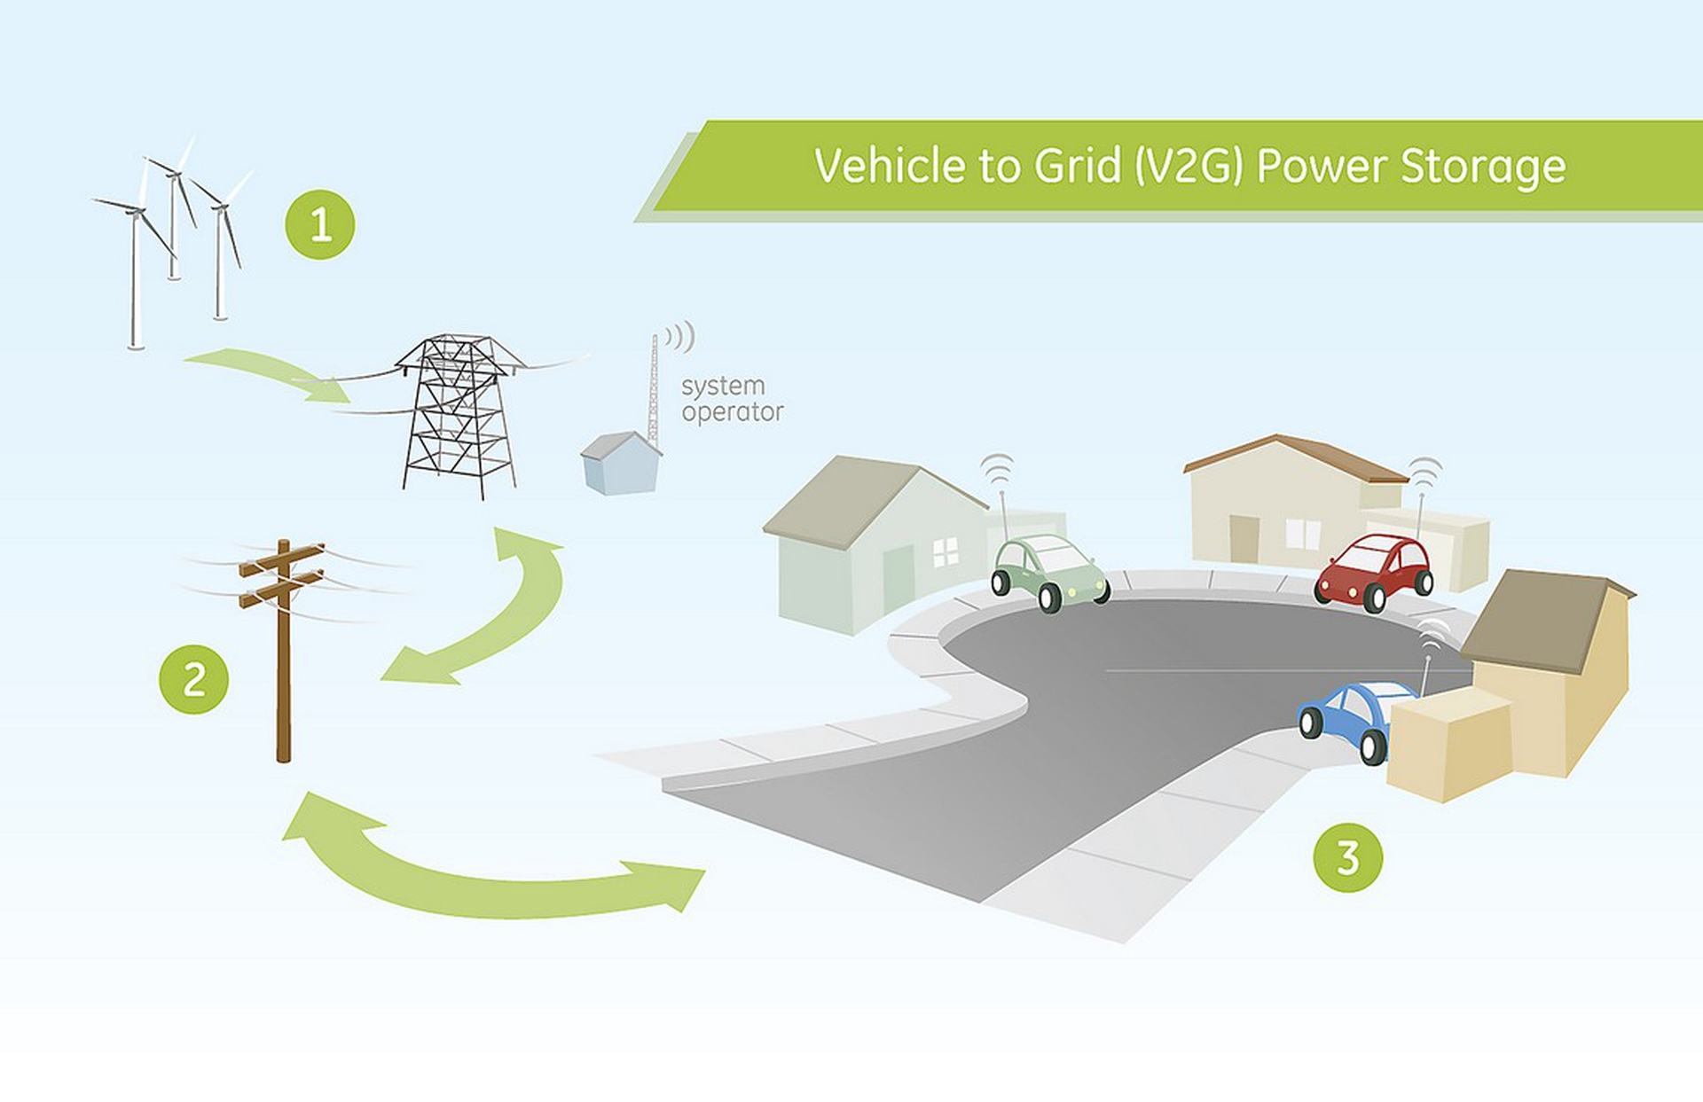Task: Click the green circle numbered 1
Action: tap(319, 224)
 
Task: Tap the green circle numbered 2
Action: tap(193, 680)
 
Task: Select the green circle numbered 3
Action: tap(1347, 857)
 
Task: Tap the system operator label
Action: tap(732, 399)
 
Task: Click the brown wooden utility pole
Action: tap(284, 652)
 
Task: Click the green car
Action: tap(1050, 572)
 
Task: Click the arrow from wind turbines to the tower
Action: tap(266, 372)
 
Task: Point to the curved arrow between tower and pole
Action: tap(497, 612)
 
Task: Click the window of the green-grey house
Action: tap(946, 551)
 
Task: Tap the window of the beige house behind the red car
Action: tap(1303, 533)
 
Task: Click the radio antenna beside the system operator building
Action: tap(655, 390)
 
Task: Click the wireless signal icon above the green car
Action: tap(999, 470)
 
